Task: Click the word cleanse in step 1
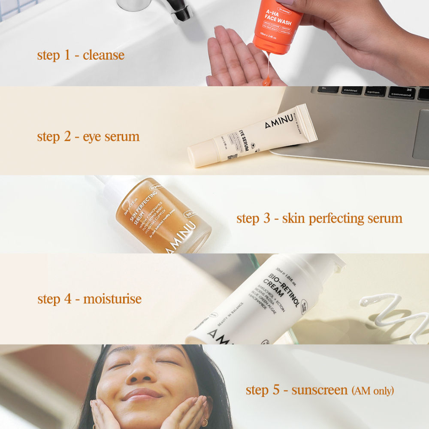pos(103,55)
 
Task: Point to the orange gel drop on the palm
pos(267,80)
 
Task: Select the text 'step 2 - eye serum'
pos(88,136)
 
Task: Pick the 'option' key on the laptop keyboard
pos(373,92)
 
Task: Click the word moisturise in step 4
pos(112,299)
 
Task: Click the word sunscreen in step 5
pos(320,390)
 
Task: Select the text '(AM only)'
pos(372,391)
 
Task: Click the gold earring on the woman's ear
pos(205,423)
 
